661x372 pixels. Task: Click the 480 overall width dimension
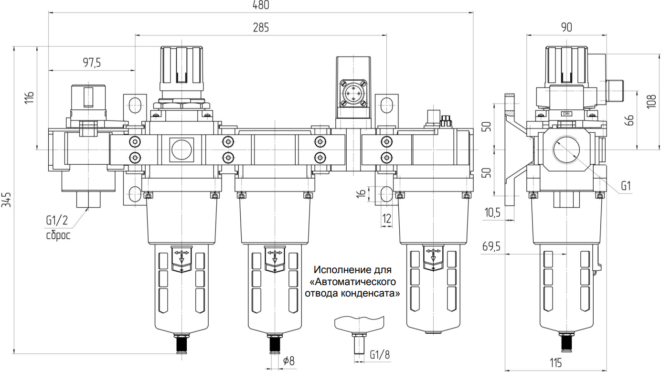click(x=261, y=5)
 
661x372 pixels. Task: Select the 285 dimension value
click(x=261, y=27)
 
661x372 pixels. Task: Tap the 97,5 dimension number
click(x=92, y=63)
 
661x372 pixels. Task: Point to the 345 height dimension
click(x=6, y=200)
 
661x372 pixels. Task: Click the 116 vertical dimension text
click(x=30, y=97)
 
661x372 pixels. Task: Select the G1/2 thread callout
click(x=57, y=220)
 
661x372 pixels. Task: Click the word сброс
click(x=58, y=235)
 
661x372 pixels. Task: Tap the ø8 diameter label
click(x=289, y=361)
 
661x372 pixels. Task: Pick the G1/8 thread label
click(x=380, y=355)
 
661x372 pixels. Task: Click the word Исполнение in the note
click(x=338, y=270)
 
